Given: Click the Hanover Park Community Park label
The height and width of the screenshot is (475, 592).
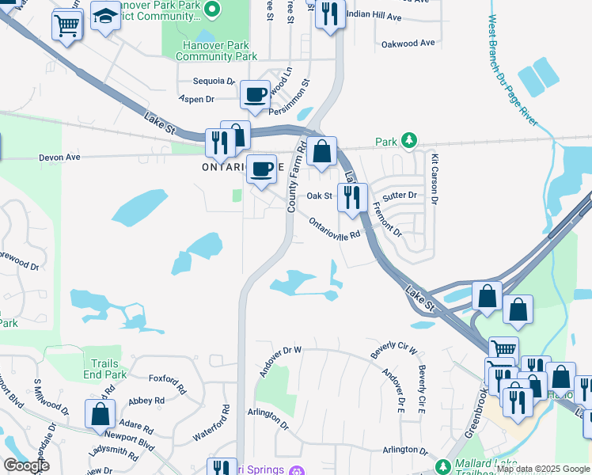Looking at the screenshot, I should [216, 51].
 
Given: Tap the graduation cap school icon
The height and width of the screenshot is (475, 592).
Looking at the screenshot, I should [104, 16].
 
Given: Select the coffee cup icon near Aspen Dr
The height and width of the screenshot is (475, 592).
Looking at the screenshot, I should [255, 96].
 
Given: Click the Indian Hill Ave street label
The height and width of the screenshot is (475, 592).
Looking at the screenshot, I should [374, 17].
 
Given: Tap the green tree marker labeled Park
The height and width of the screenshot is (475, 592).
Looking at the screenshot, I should [408, 141].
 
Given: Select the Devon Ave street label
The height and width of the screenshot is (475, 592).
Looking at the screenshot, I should [60, 158].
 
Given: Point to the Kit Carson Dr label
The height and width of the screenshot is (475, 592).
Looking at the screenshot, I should [434, 180].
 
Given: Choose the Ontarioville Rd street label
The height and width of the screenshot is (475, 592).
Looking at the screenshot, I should [334, 228].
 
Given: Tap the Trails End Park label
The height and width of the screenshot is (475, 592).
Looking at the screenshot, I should [104, 369].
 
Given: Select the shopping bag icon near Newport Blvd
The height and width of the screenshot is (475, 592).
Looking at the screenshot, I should [101, 414].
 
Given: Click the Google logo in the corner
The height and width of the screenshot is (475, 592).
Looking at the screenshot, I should [26, 465].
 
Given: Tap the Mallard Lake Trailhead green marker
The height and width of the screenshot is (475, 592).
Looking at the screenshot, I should [444, 466].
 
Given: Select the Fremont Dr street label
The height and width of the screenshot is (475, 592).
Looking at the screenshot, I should [388, 219].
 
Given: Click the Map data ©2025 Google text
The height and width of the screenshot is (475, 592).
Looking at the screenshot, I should [542, 469].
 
